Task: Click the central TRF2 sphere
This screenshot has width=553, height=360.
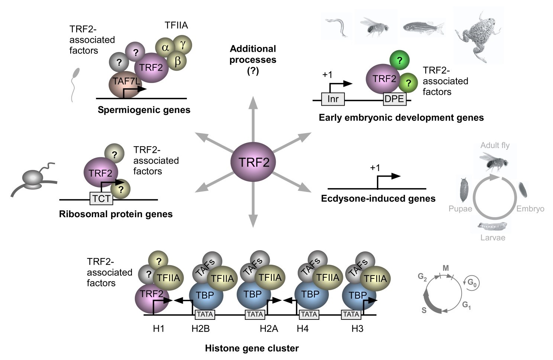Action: (x=253, y=163)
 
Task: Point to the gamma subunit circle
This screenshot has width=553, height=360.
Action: (x=182, y=45)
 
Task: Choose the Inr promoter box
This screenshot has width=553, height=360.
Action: (x=333, y=99)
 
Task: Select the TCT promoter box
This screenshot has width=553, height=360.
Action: (x=101, y=199)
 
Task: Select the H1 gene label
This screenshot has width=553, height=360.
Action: (x=158, y=329)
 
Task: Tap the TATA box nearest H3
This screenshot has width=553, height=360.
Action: (x=351, y=314)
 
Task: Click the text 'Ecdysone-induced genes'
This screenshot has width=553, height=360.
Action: (x=378, y=199)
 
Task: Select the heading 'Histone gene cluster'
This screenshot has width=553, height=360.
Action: (x=252, y=348)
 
